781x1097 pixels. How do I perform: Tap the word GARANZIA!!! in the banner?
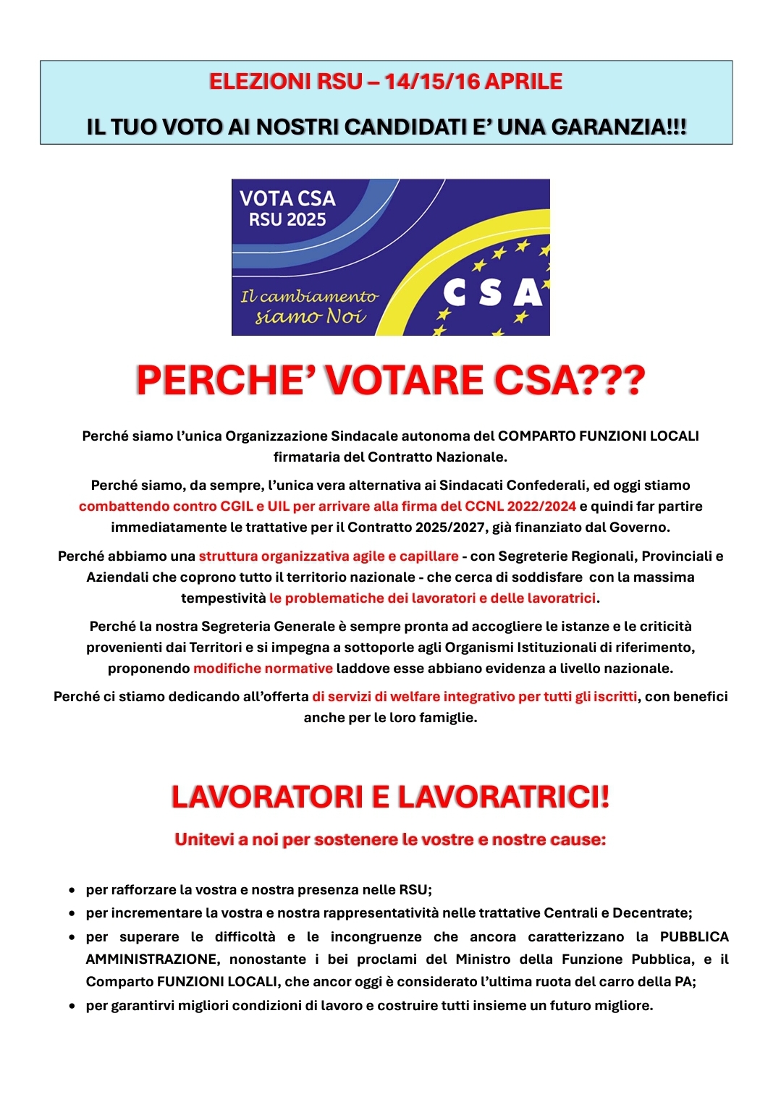619,127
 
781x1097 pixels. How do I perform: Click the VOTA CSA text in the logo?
287,198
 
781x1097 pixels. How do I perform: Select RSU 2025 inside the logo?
287,219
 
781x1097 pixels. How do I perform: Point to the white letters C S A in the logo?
492,292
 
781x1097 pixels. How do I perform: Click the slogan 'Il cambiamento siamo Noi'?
310,307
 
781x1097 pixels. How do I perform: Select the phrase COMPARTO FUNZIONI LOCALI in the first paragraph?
598,436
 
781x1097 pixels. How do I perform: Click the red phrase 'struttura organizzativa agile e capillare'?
329,556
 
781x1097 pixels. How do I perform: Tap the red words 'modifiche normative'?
263,668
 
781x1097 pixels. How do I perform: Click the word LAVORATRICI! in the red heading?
504,797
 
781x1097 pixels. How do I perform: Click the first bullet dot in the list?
72,890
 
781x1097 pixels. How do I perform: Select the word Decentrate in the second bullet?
651,912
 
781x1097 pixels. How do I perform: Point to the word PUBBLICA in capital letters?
693,936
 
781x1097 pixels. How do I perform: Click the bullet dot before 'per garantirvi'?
72,1006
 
